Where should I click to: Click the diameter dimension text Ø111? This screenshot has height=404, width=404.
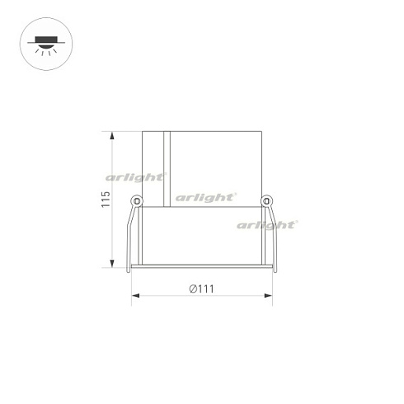(201, 289)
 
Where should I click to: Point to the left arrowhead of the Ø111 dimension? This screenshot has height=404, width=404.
(134, 296)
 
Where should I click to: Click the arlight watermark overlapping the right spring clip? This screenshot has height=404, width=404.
(266, 224)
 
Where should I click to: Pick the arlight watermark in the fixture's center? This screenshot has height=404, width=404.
(204, 197)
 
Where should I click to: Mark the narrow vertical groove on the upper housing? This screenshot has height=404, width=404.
(167, 165)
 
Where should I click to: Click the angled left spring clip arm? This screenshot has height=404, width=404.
(130, 235)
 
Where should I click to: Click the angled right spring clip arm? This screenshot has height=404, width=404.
(273, 235)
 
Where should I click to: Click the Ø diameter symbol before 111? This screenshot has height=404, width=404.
(192, 289)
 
